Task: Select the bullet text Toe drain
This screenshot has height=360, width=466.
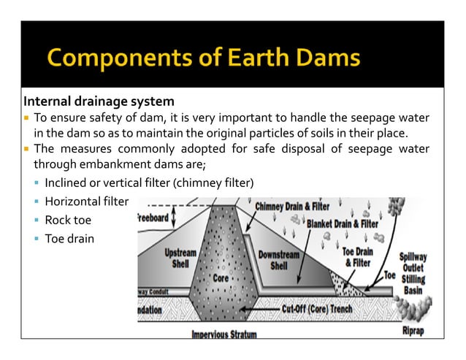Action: (69, 238)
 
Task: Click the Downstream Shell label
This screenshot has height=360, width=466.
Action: (278, 261)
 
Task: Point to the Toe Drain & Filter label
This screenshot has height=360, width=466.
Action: (358, 257)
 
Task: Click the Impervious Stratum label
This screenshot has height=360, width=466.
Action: (224, 335)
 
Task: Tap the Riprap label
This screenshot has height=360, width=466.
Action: (413, 329)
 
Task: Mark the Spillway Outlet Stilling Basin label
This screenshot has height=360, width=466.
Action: (413, 273)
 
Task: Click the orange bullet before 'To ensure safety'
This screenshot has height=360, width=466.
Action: (26, 118)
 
